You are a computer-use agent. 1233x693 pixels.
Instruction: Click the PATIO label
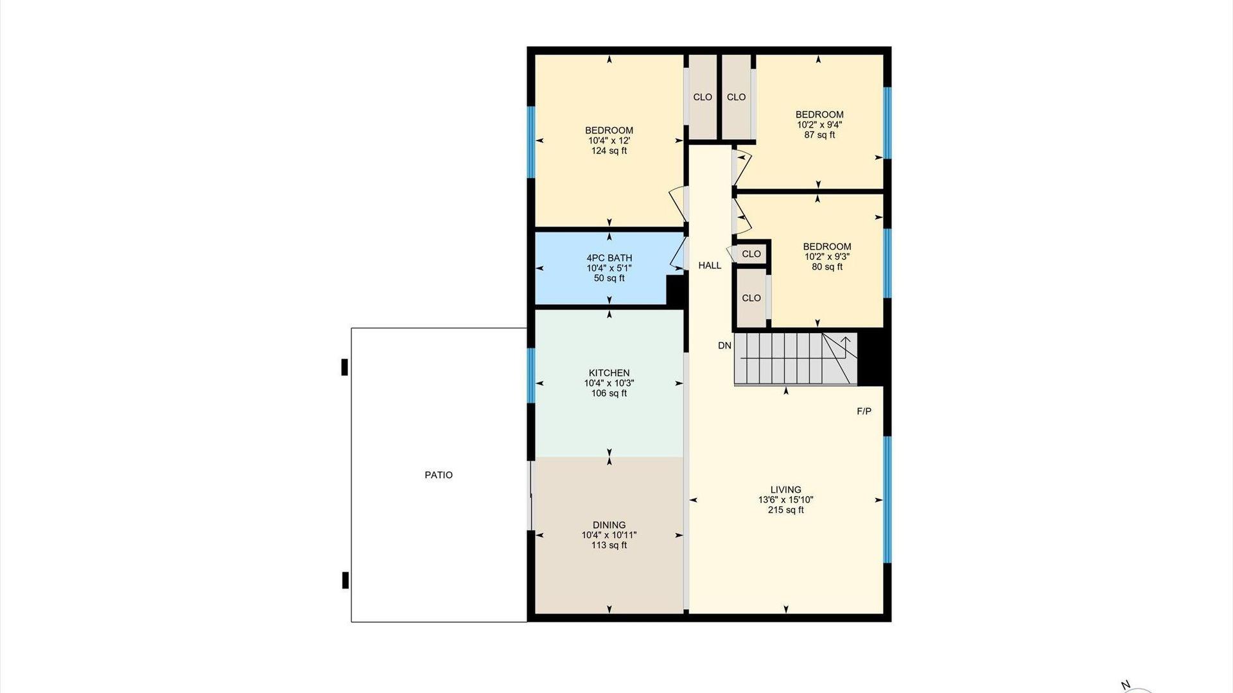pos(439,475)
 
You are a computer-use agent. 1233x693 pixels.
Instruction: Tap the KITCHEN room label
pos(609,373)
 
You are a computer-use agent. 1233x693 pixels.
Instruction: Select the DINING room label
pos(609,525)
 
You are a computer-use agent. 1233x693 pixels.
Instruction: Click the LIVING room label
pos(785,490)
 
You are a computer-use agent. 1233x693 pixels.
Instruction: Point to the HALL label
pos(710,265)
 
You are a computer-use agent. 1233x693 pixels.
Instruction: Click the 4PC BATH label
pos(609,258)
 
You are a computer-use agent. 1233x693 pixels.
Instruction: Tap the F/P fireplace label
pos(864,411)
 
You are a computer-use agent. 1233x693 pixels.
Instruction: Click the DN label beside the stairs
pos(724,345)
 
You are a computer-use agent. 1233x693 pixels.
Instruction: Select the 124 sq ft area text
pos(609,151)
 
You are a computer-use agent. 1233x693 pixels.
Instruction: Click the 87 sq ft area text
pos(819,135)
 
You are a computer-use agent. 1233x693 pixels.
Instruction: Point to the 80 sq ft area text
pos(827,266)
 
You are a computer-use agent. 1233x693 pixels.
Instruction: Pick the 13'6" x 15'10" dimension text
pos(785,500)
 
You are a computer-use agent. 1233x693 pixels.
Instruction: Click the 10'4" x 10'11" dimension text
pos(609,535)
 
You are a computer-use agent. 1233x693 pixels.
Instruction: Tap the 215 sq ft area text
pos(785,510)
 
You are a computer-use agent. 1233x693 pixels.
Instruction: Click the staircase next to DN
pos(796,359)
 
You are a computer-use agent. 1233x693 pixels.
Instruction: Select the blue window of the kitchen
pos(531,375)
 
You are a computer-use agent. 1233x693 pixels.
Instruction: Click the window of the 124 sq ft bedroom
pos(531,142)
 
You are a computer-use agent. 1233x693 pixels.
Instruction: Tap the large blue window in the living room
pos(888,500)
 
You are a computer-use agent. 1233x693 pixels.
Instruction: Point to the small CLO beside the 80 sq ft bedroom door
pos(751,253)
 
